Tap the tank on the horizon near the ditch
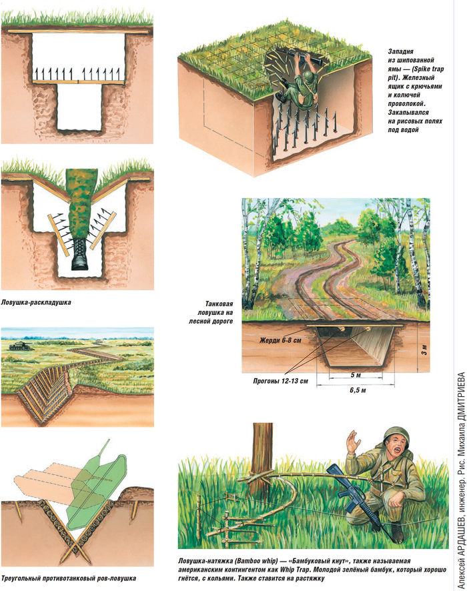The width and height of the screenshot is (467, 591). [x=18, y=346]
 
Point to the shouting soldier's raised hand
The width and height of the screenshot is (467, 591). [x=353, y=442]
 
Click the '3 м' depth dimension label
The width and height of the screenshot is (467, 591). [x=424, y=350]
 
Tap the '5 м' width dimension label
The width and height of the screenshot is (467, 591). [x=356, y=375]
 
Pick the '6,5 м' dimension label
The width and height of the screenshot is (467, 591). [x=358, y=390]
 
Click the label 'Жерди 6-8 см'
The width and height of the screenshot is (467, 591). [x=280, y=340]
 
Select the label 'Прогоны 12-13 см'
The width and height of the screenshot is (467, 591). [x=280, y=381]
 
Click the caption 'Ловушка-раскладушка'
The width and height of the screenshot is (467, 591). [x=36, y=302]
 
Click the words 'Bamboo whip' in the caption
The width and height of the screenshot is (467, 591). [x=256, y=561]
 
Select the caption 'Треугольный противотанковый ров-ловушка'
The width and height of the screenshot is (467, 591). [x=68, y=578]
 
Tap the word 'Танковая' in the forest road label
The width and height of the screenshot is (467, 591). [x=219, y=304]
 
